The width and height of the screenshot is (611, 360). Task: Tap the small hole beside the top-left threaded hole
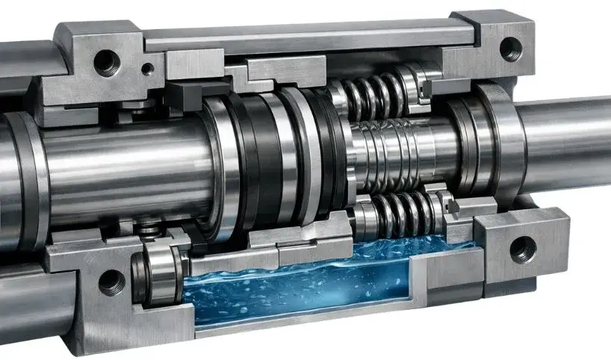click(x=148, y=69)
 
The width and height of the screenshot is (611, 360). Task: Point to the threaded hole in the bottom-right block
click(x=522, y=248)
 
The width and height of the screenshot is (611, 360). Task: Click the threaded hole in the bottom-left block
click(x=111, y=282)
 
